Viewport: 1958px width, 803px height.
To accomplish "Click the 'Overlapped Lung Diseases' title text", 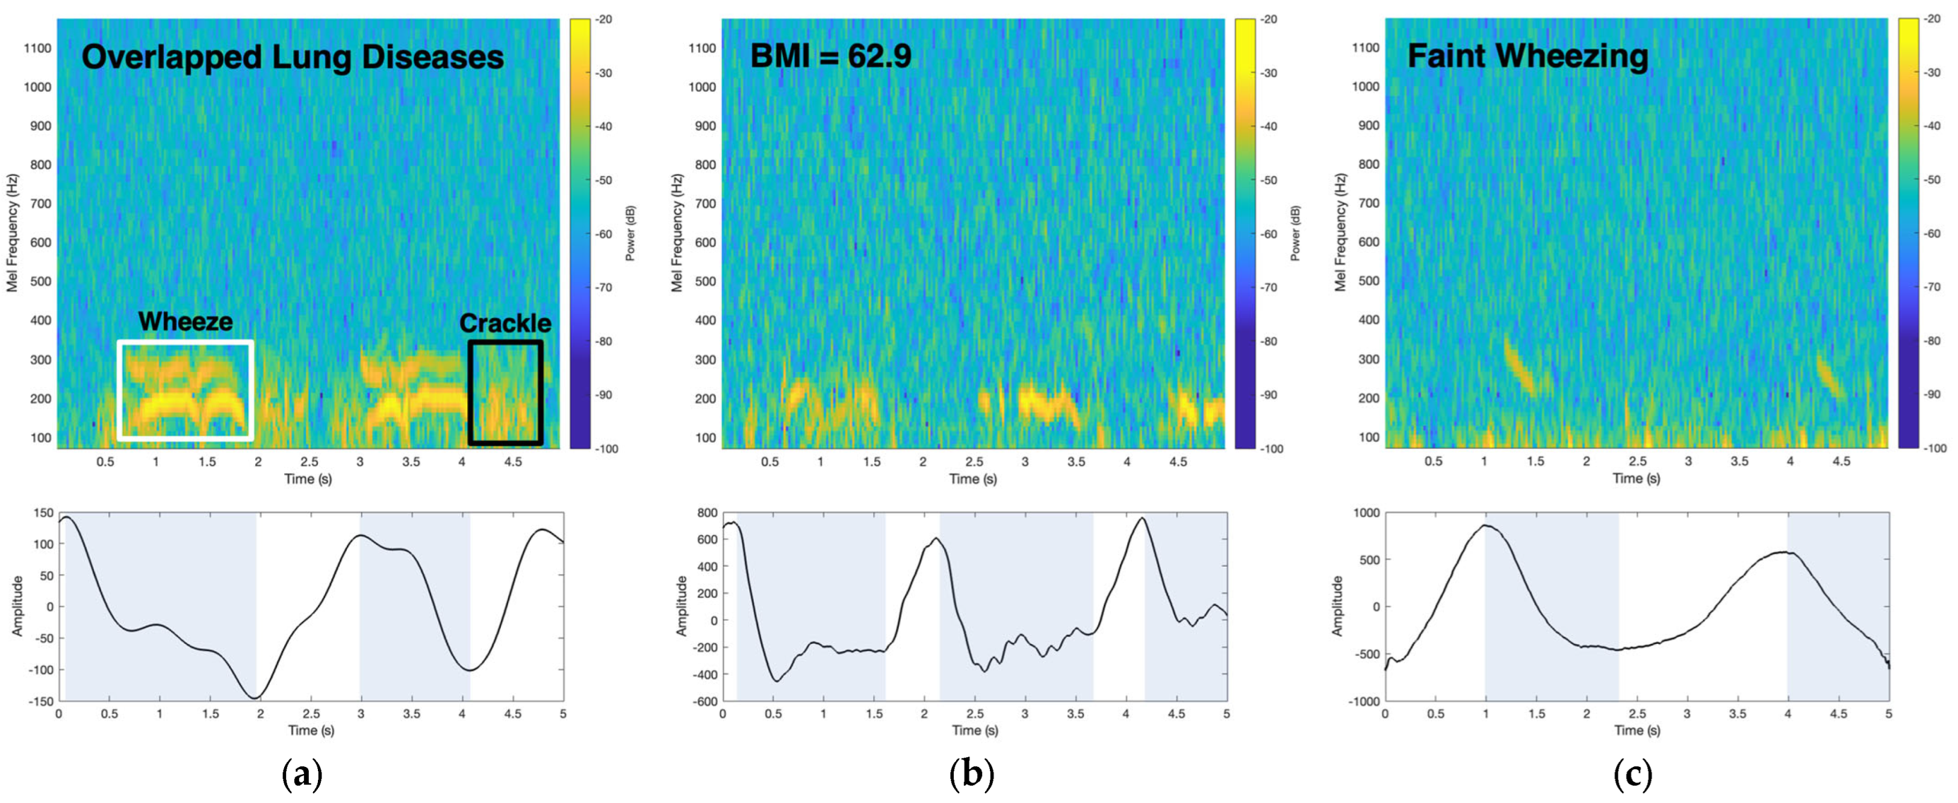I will (x=293, y=58).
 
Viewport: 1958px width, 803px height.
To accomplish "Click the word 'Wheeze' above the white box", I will (x=185, y=322).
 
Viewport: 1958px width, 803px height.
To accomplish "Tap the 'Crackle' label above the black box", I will (x=506, y=323).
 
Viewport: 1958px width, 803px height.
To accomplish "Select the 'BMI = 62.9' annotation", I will (x=831, y=56).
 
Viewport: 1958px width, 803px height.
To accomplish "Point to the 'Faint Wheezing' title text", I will (x=1528, y=56).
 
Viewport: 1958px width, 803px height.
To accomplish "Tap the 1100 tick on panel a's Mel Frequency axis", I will (x=37, y=48).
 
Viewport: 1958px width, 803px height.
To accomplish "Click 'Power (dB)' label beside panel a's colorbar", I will (x=630, y=234).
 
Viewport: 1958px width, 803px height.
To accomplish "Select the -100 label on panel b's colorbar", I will (x=1271, y=449).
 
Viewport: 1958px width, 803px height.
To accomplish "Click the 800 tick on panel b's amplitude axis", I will (x=707, y=513).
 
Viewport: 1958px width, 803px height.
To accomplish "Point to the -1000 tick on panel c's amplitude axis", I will (x=1364, y=701).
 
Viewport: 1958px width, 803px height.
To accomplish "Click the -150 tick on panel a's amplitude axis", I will (x=40, y=701).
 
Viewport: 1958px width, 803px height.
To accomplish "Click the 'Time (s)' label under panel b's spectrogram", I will (x=973, y=479).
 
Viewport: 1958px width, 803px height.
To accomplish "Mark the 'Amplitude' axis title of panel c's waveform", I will (x=1338, y=606).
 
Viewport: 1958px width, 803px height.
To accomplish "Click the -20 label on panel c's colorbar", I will (x=1932, y=19).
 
